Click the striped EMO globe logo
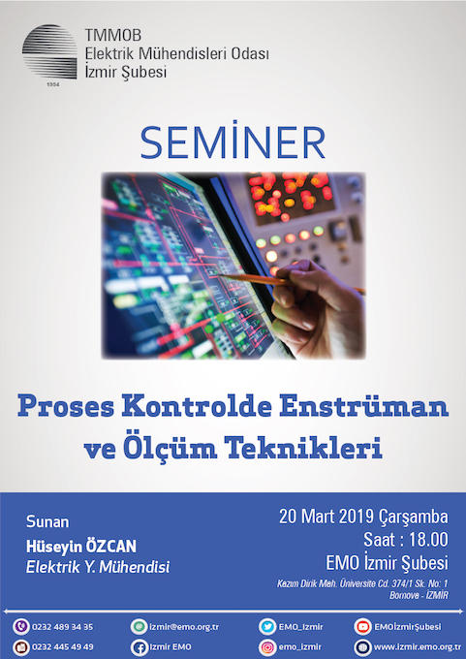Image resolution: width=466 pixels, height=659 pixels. click(49, 51)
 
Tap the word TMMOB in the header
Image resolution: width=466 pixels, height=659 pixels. click(113, 35)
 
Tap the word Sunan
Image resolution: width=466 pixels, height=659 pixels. click(47, 522)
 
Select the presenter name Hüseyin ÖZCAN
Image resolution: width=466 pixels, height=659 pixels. click(81, 547)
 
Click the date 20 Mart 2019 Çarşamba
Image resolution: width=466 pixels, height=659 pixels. click(363, 517)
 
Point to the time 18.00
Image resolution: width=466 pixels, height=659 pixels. click(428, 540)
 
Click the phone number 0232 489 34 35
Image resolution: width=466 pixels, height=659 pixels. click(63, 627)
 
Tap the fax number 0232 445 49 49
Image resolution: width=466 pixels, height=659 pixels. click(63, 646)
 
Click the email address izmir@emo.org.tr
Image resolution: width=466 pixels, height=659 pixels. click(184, 627)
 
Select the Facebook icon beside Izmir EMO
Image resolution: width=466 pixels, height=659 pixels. click(139, 647)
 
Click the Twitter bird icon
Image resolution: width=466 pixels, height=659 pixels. click(267, 627)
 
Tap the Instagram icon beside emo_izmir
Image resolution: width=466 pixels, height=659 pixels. click(267, 647)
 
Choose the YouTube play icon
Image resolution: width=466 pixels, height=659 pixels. click(362, 627)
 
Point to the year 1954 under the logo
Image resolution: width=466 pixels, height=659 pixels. click(53, 84)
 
